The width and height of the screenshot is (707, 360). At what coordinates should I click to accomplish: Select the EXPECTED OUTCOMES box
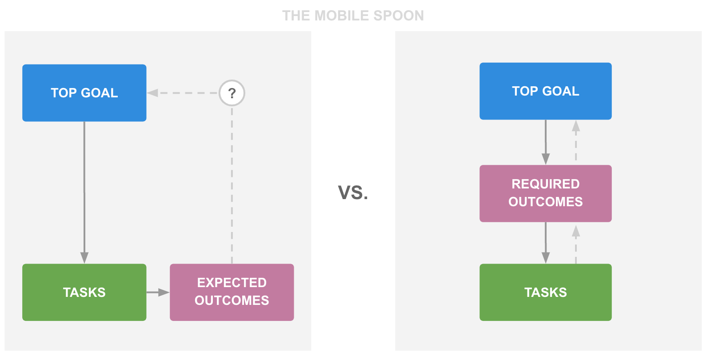232,292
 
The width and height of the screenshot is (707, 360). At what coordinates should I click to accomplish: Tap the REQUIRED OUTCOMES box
546,193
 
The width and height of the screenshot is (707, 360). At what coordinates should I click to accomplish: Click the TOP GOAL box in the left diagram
84,93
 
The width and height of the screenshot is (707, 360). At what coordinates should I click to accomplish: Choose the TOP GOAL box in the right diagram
546,91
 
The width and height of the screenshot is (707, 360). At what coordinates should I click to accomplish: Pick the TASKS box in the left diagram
84,292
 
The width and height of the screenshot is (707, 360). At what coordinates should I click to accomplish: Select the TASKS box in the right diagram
546,292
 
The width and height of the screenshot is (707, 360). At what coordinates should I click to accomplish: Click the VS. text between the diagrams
353,192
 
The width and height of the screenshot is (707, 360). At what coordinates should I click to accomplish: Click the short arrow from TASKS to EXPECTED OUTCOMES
158,292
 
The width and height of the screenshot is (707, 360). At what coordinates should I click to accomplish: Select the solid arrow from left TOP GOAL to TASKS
84,192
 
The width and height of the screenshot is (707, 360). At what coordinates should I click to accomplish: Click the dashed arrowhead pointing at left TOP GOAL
152,93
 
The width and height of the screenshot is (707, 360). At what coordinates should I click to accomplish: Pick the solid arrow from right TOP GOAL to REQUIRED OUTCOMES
546,142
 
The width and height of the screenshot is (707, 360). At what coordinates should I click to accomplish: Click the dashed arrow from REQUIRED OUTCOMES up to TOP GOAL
576,142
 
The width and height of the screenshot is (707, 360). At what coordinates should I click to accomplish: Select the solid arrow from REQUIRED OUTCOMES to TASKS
546,243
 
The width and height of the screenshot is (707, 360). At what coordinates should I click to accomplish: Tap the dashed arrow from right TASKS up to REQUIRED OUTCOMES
576,244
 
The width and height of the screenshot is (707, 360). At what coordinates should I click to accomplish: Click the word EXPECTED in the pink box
232,283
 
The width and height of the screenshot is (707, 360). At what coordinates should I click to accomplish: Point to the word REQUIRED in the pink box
546,184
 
